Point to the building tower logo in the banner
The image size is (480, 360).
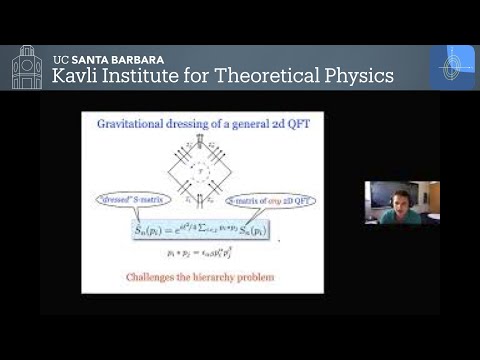click(27, 68)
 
